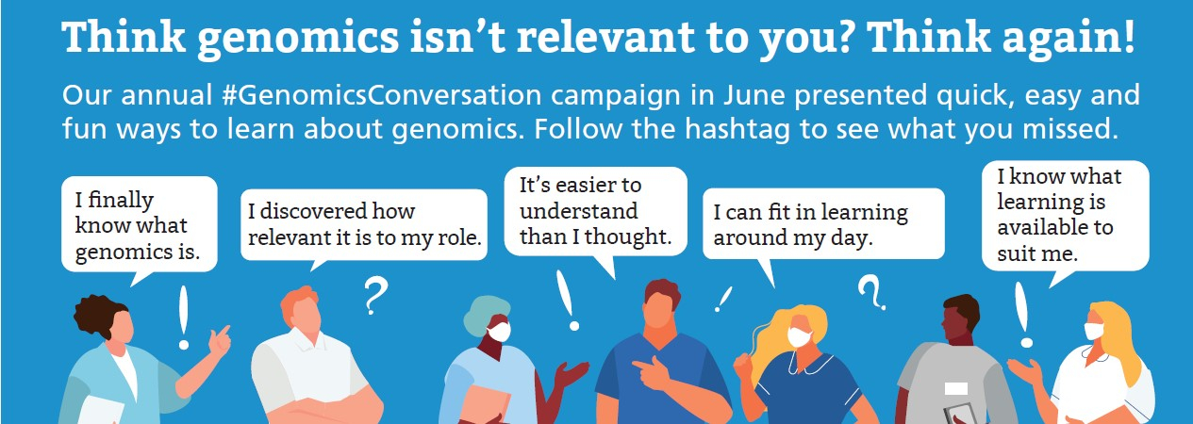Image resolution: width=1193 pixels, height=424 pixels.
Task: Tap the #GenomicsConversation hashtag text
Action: pyautogui.click(x=381, y=96)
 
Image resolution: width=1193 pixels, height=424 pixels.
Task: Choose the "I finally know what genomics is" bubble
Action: pyautogui.click(x=140, y=225)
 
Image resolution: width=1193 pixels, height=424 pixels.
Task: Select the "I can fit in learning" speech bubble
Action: pyautogui.click(x=823, y=224)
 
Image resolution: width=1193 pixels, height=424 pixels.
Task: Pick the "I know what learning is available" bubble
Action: pyautogui.click(x=1065, y=216)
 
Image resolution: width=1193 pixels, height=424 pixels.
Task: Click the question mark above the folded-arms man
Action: pyautogui.click(x=375, y=295)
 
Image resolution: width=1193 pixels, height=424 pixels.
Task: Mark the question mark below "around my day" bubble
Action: pyautogui.click(x=871, y=291)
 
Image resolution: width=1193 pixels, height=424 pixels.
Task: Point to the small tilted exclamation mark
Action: pyautogui.click(x=723, y=300)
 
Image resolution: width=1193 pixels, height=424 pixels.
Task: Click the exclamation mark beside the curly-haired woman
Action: pyautogui.click(x=184, y=318)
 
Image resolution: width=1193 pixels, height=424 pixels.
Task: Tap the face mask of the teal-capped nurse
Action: pyautogui.click(x=499, y=332)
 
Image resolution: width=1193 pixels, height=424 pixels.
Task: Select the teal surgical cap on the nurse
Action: pyautogui.click(x=485, y=314)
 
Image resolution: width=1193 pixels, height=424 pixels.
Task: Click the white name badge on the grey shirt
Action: pyautogui.click(x=955, y=388)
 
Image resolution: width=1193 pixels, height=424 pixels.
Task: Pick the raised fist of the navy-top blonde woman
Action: pyautogui.click(x=742, y=365)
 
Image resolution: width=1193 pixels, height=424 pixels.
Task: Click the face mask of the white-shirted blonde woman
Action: pyautogui.click(x=1094, y=331)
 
